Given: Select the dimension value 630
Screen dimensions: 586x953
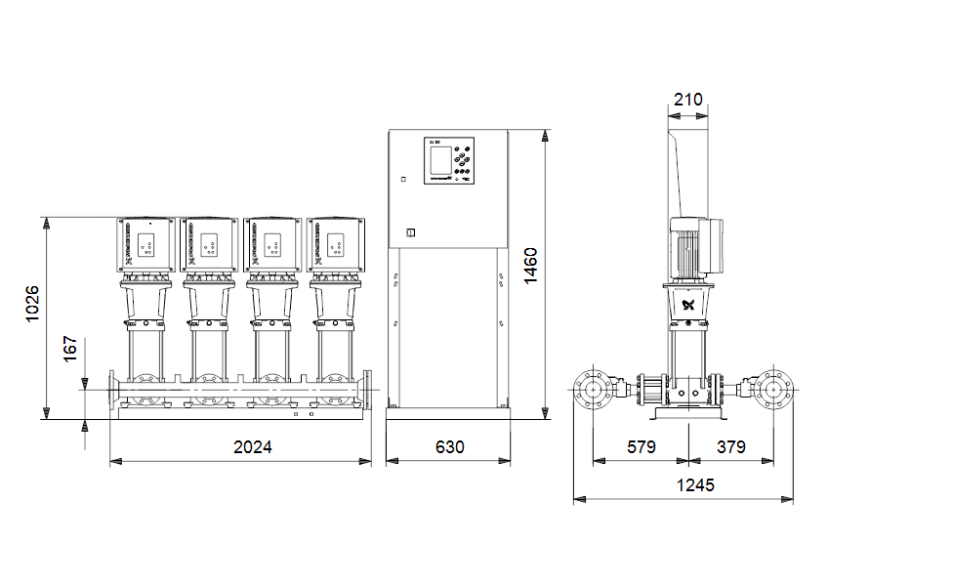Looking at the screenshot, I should coord(449,446).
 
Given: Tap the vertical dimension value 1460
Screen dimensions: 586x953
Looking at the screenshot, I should coord(530,266).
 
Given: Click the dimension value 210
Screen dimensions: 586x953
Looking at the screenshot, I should coord(688,100).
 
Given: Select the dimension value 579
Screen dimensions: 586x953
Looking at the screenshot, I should coord(641,446).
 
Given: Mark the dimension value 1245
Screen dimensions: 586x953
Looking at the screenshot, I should coord(694,484).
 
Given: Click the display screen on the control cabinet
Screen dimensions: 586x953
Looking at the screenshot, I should coord(438,160).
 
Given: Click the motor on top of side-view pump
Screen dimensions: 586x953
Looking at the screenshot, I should coord(694,246).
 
